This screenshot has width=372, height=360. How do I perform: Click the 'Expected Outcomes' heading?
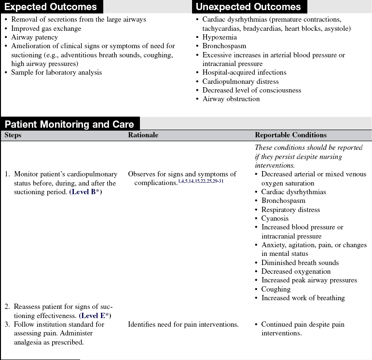pos(51,7)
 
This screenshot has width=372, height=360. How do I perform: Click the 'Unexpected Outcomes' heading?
pos(248,7)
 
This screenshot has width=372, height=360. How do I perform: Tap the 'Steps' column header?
pos(13,135)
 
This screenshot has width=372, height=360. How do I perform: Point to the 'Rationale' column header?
pos(143,135)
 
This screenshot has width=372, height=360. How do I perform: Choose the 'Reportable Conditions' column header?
pos(290,135)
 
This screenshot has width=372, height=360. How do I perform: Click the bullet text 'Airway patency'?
pos(35,38)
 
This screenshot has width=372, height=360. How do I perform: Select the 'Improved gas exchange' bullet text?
pos(46,28)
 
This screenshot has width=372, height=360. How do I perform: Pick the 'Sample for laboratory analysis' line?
pos(57,73)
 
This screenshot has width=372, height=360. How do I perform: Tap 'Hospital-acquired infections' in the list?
pos(244,73)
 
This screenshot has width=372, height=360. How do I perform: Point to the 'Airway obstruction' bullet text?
pos(231,99)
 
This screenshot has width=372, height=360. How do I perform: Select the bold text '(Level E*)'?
pos(95,316)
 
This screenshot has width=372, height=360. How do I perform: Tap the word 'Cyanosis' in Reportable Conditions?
pos(275,219)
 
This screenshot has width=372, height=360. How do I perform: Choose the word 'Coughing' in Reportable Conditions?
pos(276,289)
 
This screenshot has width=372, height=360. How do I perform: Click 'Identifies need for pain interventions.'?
pos(183,324)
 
